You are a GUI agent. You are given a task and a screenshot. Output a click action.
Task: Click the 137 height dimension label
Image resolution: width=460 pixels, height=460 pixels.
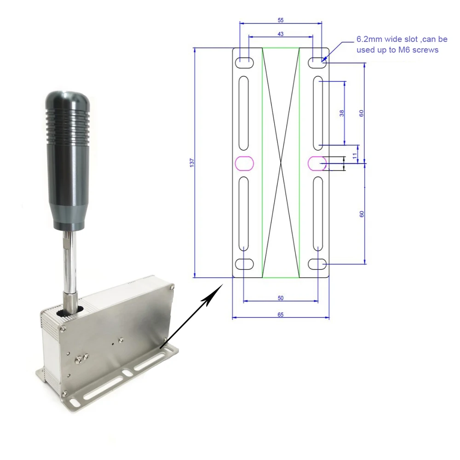point(192,163)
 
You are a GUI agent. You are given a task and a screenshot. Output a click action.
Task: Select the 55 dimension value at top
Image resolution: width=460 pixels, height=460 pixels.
point(281,20)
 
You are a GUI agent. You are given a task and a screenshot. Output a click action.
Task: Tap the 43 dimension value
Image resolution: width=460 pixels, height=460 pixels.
point(281,34)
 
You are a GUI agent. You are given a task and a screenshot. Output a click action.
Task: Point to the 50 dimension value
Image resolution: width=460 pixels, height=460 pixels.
point(281,298)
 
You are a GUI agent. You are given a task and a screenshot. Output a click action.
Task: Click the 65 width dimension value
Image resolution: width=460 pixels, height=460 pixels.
point(281,315)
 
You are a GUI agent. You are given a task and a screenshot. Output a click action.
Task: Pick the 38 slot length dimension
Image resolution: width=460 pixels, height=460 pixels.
point(342,113)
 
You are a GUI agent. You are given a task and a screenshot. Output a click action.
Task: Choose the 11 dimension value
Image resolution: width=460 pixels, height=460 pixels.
point(355,156)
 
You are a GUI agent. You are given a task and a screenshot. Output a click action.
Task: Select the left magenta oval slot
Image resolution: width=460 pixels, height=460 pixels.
point(244,163)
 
